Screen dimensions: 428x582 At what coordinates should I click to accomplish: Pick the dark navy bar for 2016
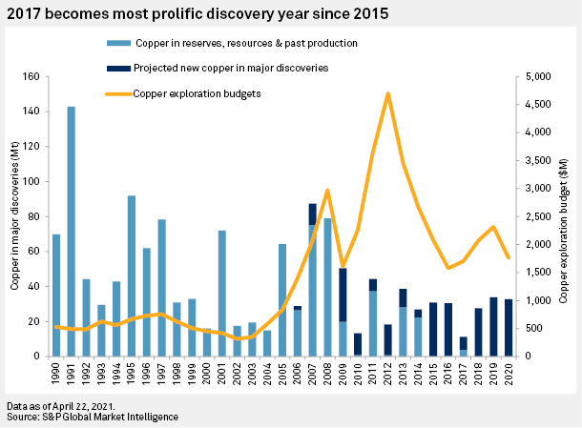(x=448, y=330)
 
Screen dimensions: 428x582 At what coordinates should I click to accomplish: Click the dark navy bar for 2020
(x=509, y=328)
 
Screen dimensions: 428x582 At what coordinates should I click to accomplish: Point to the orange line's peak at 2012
(x=388, y=93)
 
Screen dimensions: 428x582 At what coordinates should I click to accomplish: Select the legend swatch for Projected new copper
(x=118, y=69)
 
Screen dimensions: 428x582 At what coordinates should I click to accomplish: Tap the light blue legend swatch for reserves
(x=118, y=44)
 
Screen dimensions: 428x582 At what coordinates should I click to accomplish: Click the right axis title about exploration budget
(x=570, y=216)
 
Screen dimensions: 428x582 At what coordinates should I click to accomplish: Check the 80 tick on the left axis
(x=39, y=216)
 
